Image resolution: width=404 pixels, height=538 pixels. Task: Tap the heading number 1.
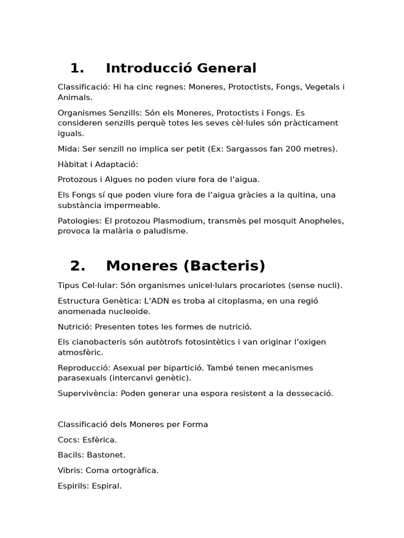77,68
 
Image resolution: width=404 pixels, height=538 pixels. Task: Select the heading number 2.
77,266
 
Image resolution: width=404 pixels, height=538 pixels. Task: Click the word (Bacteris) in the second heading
225,266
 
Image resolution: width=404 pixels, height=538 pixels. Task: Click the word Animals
74,97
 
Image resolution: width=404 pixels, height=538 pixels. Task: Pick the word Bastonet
106,455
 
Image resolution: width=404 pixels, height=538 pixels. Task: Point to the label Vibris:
70,470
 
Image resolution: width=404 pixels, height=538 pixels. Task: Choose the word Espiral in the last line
107,486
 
